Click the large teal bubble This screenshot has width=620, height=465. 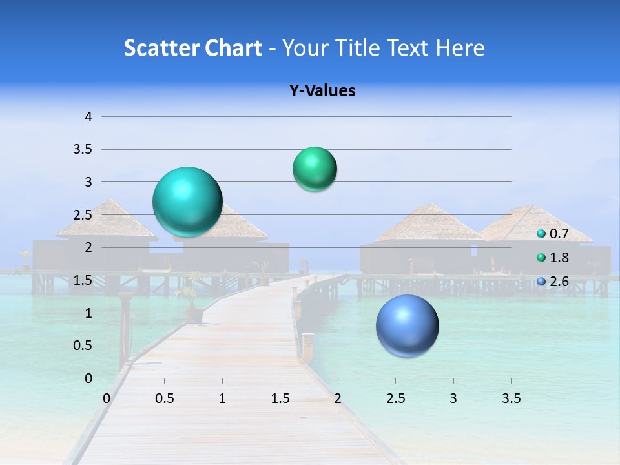click(188, 201)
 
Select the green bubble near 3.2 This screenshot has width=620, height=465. click(315, 169)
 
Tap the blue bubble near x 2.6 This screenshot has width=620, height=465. click(407, 325)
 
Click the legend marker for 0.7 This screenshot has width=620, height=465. click(541, 234)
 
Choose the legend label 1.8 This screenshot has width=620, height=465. click(559, 258)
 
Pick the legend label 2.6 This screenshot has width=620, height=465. click(559, 282)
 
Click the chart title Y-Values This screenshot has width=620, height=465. click(322, 91)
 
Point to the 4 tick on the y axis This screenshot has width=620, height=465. click(88, 117)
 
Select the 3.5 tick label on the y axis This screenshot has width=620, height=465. click(85, 150)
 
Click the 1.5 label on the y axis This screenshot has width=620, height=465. click(85, 280)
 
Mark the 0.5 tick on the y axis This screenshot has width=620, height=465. click(85, 346)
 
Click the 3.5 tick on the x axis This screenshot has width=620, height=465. click(511, 398)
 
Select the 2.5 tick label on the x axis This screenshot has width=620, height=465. click(395, 398)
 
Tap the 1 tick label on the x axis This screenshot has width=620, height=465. click(222, 398)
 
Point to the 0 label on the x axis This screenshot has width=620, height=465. click(107, 398)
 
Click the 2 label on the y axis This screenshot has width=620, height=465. click(88, 247)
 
